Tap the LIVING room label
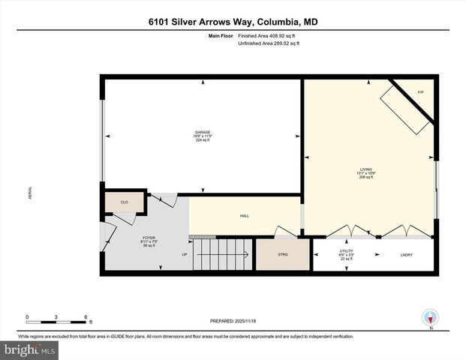coord(366,169)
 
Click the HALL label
coord(244,216)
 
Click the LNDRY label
coord(408,255)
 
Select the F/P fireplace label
coord(420,91)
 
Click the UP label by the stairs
coord(184,255)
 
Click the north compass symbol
coord(430,317)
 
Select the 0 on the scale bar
coord(28,316)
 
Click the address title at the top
coord(233,22)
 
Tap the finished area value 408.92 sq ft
coord(284,36)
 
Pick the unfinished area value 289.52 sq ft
coord(284,44)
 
